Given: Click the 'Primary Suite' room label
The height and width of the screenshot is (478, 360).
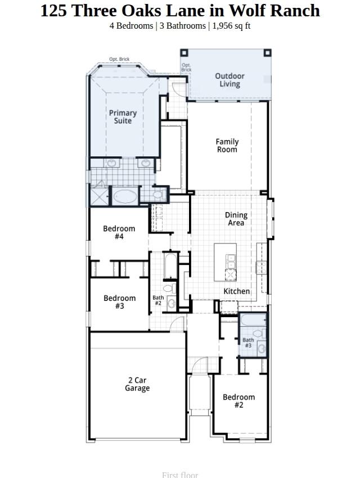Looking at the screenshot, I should click(123, 117).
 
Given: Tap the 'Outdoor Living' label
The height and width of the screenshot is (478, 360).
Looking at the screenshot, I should click(229, 80).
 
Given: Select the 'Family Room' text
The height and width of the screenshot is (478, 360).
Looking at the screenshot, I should click(227, 146).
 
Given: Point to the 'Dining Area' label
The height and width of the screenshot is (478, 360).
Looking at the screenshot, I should click(236, 219).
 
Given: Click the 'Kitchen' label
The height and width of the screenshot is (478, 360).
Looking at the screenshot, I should click(237, 291).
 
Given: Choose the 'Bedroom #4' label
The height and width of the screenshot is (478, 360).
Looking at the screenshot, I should click(119, 232).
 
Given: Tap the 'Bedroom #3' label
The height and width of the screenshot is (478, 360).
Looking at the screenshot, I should click(119, 302).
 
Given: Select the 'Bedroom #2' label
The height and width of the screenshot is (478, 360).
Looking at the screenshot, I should click(238, 401).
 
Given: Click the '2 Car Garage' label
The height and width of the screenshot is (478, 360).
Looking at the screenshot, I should click(137, 384).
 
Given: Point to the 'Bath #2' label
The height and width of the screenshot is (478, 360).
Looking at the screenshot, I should click(158, 300).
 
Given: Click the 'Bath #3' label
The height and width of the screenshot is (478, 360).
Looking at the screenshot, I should click(248, 342).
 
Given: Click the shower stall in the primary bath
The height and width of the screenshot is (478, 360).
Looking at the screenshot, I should click(99, 192).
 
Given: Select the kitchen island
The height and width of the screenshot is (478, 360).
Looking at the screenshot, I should click(226, 262).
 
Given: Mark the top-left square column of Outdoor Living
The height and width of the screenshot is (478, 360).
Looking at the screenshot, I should click(184, 53).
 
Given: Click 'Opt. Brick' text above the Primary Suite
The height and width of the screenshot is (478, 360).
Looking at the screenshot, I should click(119, 59).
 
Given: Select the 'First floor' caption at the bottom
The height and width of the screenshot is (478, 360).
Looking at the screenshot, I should click(180, 475).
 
